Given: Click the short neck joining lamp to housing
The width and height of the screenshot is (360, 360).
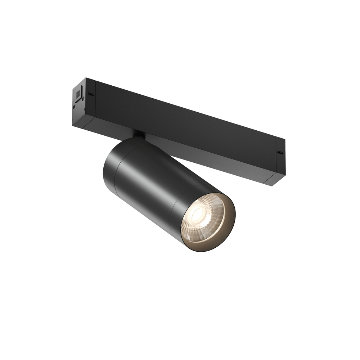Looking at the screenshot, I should tap(139, 135).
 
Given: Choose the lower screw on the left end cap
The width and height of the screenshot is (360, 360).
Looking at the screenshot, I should tap(75, 107).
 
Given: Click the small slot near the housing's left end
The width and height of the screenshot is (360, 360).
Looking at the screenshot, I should tap(91, 94).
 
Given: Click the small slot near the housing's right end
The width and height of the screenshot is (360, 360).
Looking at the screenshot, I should tap(279, 152).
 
